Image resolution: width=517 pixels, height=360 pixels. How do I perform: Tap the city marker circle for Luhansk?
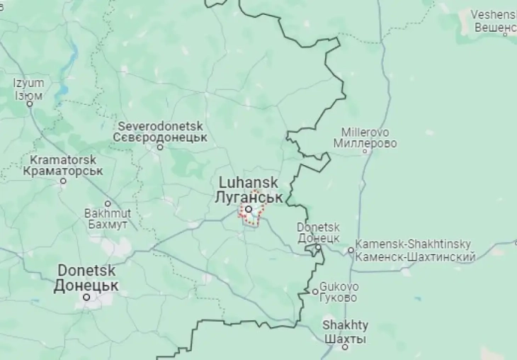(x=249, y=209)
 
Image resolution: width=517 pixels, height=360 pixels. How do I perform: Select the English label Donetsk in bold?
(x=86, y=271)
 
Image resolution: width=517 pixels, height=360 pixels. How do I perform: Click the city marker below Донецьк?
(x=87, y=297)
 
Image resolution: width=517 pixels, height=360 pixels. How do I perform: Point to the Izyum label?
(x=28, y=83)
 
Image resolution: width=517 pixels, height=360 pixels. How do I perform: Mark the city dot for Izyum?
(x=30, y=104)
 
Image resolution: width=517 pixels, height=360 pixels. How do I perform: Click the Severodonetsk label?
(x=160, y=125)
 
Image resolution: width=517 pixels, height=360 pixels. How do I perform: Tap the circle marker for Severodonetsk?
(x=160, y=147)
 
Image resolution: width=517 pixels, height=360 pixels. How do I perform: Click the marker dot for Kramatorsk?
(x=63, y=181)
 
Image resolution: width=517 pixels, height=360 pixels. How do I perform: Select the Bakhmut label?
(x=107, y=213)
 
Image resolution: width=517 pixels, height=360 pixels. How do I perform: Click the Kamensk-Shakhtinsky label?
(x=414, y=244)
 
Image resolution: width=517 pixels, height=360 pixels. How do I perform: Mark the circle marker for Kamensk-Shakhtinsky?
(x=351, y=250)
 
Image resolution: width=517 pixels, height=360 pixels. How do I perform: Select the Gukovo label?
(x=339, y=287)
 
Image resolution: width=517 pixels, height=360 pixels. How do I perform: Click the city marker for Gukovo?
(x=316, y=291)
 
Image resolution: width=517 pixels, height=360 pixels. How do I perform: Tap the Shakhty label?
(x=345, y=325)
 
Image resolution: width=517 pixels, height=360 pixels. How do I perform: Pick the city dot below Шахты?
(x=345, y=347)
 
